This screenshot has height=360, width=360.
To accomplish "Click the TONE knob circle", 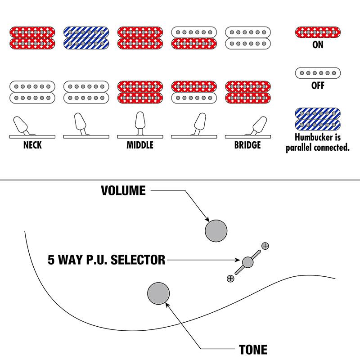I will click(x=158, y=293).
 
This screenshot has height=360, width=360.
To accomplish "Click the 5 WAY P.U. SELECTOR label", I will click(x=106, y=260).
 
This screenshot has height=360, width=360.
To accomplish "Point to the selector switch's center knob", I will click(x=247, y=262).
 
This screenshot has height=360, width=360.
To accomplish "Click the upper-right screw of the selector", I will click(x=265, y=246).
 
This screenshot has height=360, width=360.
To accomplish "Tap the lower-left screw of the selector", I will click(x=230, y=279).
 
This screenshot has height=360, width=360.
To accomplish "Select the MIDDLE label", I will click(x=139, y=145).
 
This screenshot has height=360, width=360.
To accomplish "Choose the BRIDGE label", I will click(x=247, y=145).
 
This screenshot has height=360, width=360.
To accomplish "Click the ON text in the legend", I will click(x=318, y=45).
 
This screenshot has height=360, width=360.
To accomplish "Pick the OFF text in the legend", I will click(x=318, y=85).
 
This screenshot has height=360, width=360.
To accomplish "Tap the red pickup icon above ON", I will click(x=318, y=32).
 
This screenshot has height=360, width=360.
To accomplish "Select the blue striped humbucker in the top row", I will click(x=85, y=37).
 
